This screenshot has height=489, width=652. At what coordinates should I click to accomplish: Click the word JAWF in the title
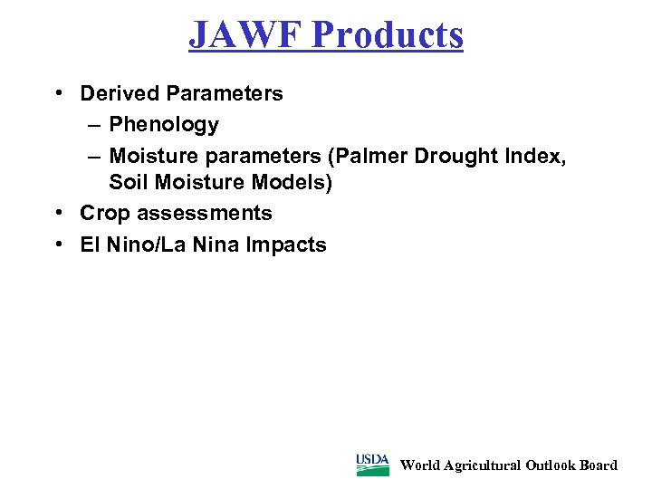pos(245,34)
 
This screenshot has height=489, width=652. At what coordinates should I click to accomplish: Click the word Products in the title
pos(388,34)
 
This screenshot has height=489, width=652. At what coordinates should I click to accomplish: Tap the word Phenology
pos(164,124)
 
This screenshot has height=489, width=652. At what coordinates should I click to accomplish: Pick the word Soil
pos(129,183)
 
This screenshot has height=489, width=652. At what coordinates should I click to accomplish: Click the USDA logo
pos(372,465)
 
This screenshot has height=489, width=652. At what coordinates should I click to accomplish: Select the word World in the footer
pos(420,465)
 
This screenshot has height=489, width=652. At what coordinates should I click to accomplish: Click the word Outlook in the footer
pos(554,465)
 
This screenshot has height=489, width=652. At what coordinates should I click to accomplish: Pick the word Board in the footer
pos(599,465)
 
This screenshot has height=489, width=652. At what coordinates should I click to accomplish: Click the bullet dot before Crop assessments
pos(57,214)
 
